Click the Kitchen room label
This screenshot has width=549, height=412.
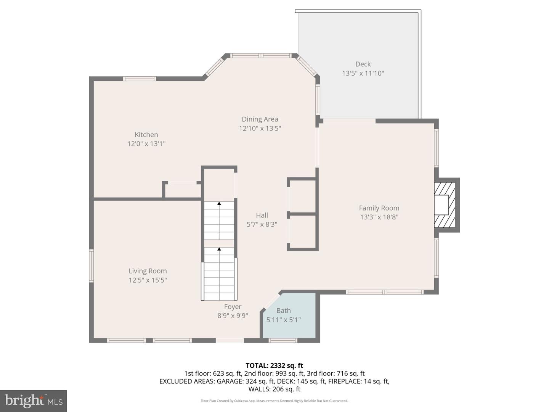tap(146, 135)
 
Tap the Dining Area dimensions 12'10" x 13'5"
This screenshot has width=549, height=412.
tap(260, 129)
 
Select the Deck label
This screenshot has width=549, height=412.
tap(363, 64)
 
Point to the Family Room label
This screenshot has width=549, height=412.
tap(379, 208)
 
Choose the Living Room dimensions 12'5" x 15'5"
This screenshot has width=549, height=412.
tap(148, 280)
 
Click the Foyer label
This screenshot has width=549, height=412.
tap(233, 307)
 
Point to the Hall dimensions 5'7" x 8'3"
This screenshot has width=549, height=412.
tap(262, 224)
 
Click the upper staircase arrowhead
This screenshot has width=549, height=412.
tap(219, 204)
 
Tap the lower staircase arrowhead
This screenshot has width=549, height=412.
tap(219, 249)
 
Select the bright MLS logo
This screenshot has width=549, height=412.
tap(34, 401)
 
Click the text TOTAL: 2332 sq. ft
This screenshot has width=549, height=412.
tap(274, 365)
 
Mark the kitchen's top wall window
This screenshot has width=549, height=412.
tap(140, 79)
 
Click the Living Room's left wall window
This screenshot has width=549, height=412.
tap(91, 266)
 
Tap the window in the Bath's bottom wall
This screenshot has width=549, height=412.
tap(283, 340)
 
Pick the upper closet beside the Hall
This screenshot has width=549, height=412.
tap(302, 196)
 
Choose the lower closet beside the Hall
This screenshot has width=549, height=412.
tap(302, 232)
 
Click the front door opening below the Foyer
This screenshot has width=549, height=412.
tap(230, 340)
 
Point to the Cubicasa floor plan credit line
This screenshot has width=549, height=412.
tap(274, 401)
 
